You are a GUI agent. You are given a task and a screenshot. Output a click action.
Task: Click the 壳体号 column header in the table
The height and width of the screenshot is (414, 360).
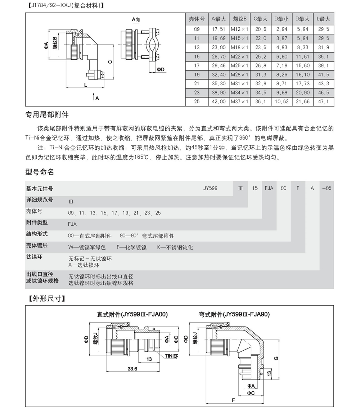click(x=197, y=19)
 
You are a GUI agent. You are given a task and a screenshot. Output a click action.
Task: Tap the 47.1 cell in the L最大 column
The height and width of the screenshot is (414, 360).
click(x=323, y=102)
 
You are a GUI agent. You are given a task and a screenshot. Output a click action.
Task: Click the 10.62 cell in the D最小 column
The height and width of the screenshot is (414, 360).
click(x=282, y=102)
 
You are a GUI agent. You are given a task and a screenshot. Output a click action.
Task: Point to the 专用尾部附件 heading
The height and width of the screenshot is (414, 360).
click(x=47, y=115)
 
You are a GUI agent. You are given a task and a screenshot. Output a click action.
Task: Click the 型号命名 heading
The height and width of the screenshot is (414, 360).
click(x=40, y=172)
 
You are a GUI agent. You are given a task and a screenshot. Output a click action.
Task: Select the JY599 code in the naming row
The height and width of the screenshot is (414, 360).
click(x=210, y=188)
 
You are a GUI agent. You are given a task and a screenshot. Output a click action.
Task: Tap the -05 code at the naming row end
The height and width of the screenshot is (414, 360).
click(x=326, y=188)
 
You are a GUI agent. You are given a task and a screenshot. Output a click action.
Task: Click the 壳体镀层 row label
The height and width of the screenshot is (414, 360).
click(x=37, y=246)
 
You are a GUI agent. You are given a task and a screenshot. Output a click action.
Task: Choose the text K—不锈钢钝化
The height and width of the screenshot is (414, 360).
click(x=175, y=247)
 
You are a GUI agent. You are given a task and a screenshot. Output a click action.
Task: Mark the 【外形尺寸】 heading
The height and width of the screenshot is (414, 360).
click(x=45, y=299)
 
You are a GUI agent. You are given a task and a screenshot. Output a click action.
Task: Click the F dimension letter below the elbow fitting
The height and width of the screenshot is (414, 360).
click(x=234, y=400)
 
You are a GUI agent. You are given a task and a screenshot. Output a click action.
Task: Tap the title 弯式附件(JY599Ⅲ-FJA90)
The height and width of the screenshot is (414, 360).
click(x=234, y=314)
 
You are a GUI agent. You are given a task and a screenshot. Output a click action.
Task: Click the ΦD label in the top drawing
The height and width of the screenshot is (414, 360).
click(x=161, y=69)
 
